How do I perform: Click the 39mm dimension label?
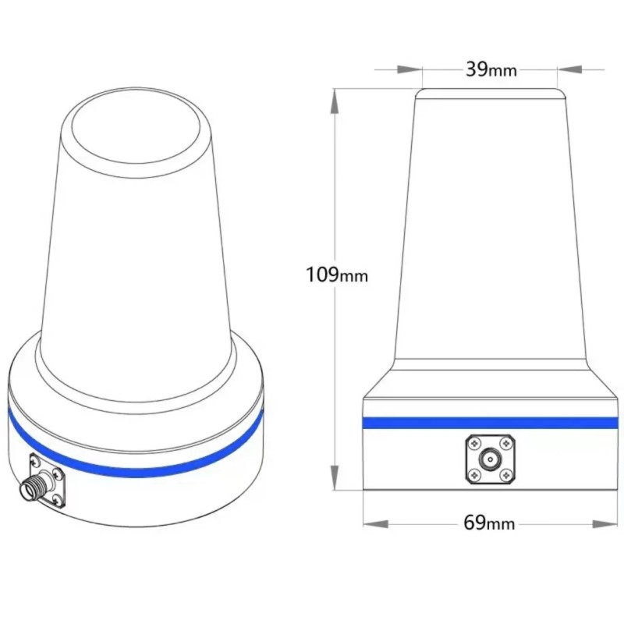click(x=491, y=69)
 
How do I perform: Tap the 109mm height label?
click(x=335, y=275)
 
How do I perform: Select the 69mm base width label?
click(x=489, y=523)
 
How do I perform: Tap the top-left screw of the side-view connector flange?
click(x=474, y=445)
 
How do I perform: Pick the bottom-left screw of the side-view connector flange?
click(x=474, y=475)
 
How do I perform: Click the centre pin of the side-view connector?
click(x=491, y=459)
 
